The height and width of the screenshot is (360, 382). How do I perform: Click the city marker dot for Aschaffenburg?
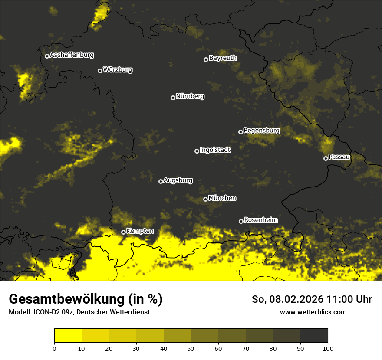47,56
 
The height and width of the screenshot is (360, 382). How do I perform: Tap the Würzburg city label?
118,70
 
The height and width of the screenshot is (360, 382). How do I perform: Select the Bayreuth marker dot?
206,59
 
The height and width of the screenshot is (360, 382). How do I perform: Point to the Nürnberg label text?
190,96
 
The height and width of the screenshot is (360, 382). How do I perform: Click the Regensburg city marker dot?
240,132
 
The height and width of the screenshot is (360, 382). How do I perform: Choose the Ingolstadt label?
215,150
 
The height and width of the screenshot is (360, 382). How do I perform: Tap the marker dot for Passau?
326,158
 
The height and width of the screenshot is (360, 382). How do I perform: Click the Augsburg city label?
178,180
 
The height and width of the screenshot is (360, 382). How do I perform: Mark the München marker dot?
205,200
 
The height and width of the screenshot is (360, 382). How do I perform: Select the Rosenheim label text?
260,220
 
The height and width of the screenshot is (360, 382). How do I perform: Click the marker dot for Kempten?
123,232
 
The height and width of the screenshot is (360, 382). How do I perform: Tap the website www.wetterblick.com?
313,312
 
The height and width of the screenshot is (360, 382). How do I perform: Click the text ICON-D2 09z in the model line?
51,312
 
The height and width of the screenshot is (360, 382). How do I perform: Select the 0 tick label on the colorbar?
54,348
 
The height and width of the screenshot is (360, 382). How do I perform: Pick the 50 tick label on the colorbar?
191,348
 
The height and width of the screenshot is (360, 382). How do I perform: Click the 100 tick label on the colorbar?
328,348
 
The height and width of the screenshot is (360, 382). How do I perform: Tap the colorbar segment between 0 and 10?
68,336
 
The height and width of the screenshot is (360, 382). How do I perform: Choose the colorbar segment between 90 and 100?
314,336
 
